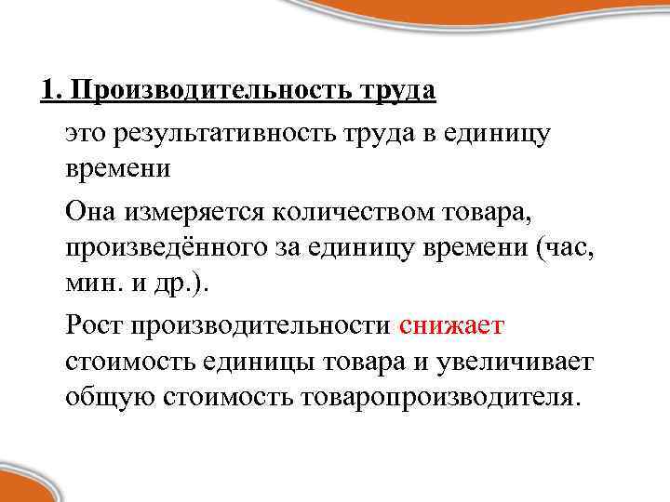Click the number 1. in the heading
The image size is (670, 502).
point(52,92)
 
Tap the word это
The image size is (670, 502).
point(87,135)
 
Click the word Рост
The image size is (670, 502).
point(95,325)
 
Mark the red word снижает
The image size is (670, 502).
point(451,325)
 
